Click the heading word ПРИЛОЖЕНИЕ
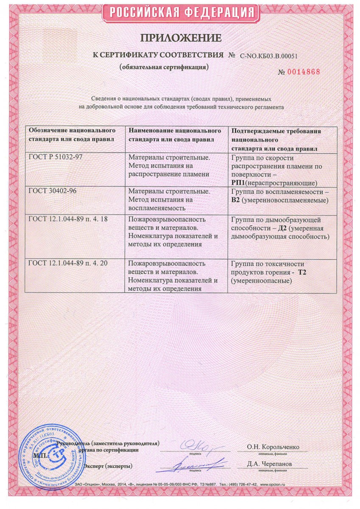181,38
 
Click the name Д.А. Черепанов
270,464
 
